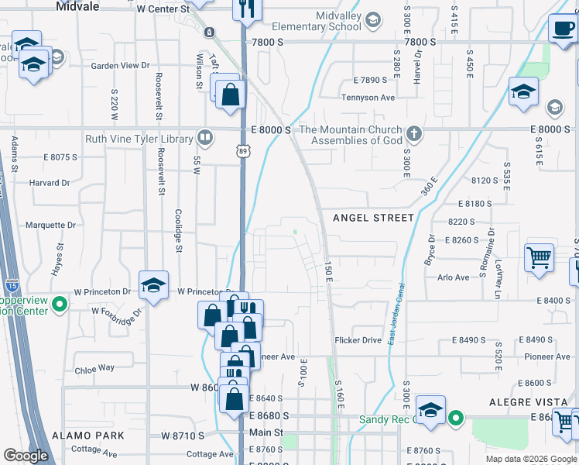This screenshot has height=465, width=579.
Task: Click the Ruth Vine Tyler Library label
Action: click(139, 139)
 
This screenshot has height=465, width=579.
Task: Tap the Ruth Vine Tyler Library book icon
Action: click(205, 138)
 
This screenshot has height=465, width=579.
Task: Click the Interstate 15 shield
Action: click(12, 286)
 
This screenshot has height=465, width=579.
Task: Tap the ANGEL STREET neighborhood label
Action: click(374, 218)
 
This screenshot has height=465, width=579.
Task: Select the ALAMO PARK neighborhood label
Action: click(83, 436)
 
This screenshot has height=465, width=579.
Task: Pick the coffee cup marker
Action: click(563, 29)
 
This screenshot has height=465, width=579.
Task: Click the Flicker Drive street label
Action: click(358, 340)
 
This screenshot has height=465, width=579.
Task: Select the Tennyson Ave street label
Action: click(368, 98)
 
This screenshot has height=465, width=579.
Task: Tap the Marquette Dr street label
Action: click(50, 226)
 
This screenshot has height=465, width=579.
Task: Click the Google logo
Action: click(26, 456)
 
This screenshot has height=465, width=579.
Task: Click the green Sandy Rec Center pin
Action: click(457, 420)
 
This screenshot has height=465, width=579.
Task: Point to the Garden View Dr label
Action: click(120, 66)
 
